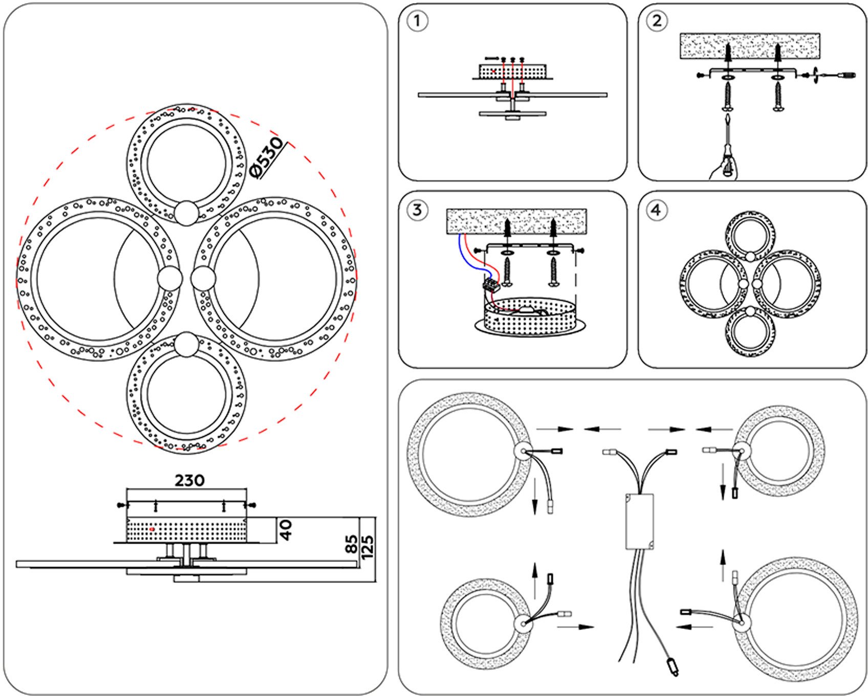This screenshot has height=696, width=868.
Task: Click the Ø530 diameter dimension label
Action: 267,157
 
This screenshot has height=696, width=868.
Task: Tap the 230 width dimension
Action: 189,481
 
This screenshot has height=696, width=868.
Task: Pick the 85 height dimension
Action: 352,543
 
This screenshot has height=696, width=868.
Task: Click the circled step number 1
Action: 417,21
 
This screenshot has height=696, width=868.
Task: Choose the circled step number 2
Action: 657,21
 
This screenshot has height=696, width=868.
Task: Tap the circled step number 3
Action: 417,210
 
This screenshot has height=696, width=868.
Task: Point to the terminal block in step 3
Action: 491,285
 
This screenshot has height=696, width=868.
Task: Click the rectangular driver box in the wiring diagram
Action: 639,521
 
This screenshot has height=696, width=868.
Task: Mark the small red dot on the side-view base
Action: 152,529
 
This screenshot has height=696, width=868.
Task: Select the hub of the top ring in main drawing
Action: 186,212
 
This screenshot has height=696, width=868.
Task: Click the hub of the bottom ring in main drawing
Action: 186,344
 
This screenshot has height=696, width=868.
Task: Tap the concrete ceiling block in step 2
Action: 749,46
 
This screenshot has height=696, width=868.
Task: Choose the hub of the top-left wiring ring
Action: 524,451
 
